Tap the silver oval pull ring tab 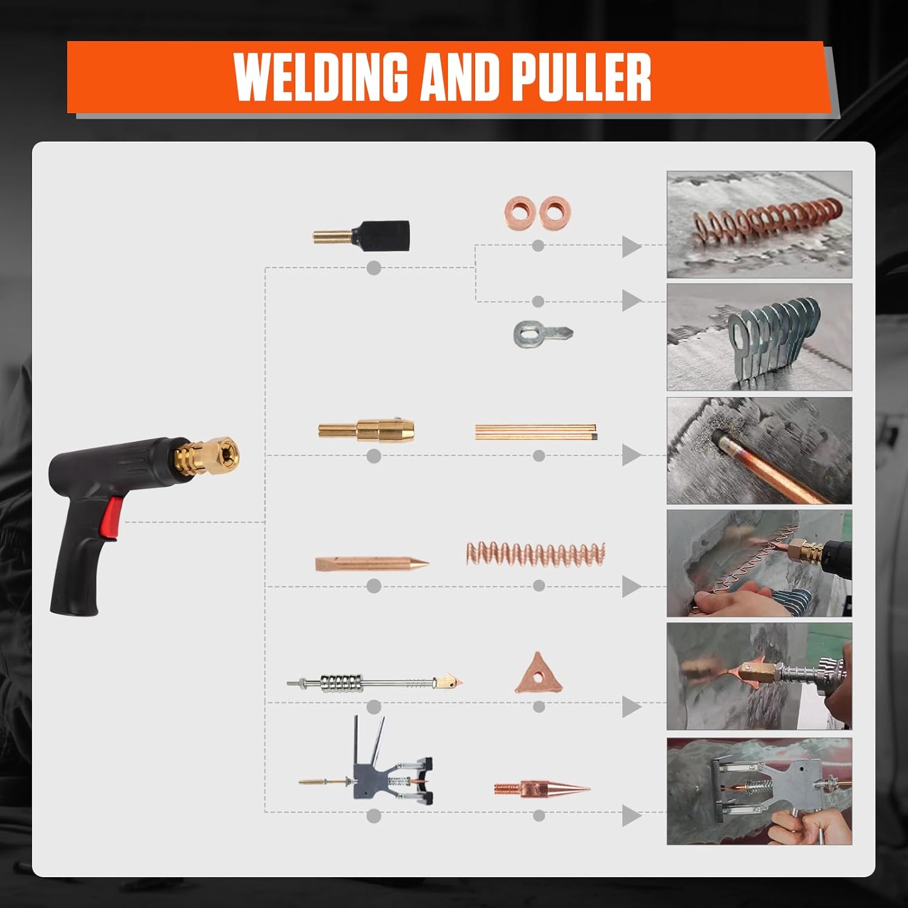click(x=542, y=332)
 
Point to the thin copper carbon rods click(x=536, y=431)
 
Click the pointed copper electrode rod click(x=371, y=564)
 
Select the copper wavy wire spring click(x=536, y=553)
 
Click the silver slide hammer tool click(x=371, y=682)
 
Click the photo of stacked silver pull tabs click(x=759, y=337)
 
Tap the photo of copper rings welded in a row click(x=759, y=225)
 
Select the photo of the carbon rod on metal click(x=759, y=451)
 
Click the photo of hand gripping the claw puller click(x=759, y=791)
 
